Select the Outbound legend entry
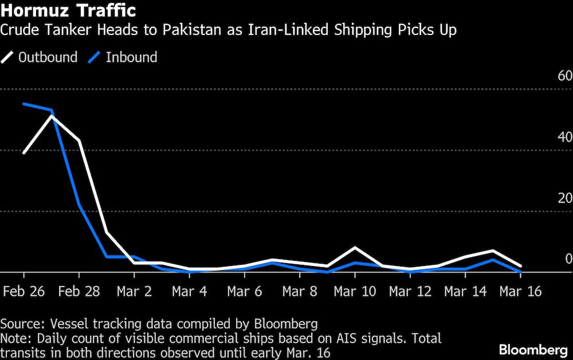(40, 57)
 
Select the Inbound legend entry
(123, 57)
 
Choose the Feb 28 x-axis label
(79, 291)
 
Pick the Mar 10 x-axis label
(355, 291)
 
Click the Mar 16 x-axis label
(520, 291)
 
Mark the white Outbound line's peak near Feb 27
(52, 116)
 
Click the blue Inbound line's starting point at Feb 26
(24, 104)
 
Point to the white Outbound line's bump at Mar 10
(355, 248)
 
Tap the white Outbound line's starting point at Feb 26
(24, 153)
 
